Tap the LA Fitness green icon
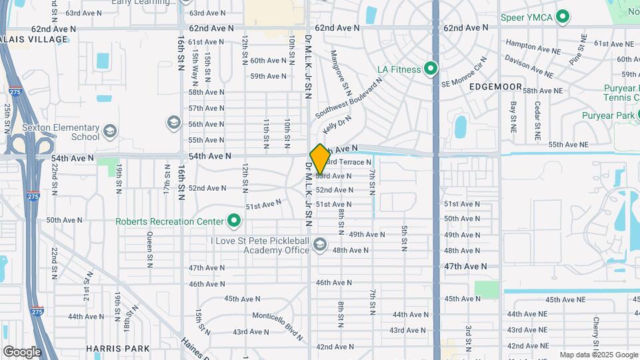tap(431, 69)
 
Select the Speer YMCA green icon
tap(563, 17)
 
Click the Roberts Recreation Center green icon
tap(234, 220)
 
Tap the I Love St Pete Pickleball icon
tap(320, 245)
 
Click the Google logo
tap(22, 352)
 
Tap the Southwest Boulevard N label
tap(349, 97)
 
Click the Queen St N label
tap(150, 246)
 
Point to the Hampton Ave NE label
tap(533, 46)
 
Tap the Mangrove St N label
tap(341, 69)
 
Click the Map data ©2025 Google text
tap(597, 355)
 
